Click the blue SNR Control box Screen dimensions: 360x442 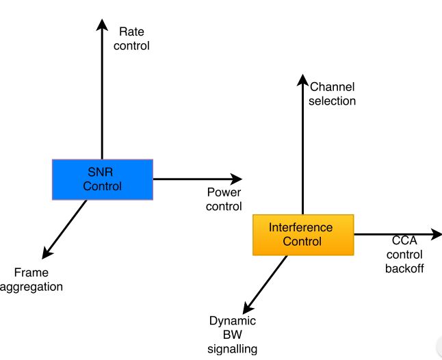pos(103,179)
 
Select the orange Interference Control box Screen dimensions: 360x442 pos(303,235)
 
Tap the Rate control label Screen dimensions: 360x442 pos(133,38)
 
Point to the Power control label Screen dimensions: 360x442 pos(224,199)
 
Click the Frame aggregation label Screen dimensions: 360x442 pos(31,279)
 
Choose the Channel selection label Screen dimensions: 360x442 pos(333,94)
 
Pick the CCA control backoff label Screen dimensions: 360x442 pos(404,254)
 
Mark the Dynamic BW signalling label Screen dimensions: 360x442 pos(233,335)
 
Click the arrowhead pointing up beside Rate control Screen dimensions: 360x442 pos(102,25)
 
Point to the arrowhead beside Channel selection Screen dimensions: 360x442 pos(302,81)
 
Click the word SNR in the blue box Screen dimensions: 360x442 pos(103,172)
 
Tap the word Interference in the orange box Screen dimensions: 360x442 pos(301,227)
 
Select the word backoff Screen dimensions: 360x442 pos(404,268)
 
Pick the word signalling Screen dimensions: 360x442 pos(233,349)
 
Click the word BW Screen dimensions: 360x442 pos(233,335)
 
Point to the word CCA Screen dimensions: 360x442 pos(404,240)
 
